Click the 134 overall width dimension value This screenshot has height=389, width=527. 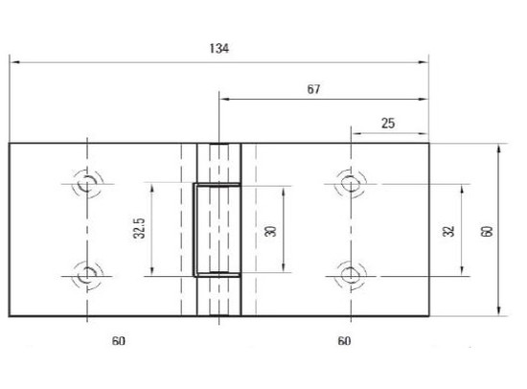coord(218,49)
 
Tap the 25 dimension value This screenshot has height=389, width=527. coord(388,122)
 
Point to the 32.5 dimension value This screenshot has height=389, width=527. coord(139,230)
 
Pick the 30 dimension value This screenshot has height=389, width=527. coord(270,231)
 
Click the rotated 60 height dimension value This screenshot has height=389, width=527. coord(487,230)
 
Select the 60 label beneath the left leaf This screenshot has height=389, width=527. coord(119,341)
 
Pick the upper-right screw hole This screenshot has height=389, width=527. coord(351,181)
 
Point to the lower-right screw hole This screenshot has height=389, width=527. coord(351,275)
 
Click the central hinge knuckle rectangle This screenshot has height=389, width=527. coord(218,229)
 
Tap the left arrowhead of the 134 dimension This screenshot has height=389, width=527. coord(13,62)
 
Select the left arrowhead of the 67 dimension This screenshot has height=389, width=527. coord(222,99)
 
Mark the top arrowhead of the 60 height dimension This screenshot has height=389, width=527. coord(500,148)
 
